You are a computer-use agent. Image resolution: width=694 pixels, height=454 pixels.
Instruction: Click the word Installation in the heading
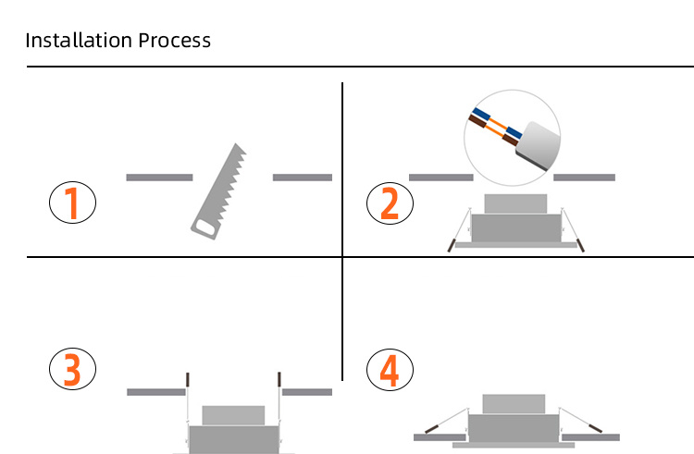(78, 41)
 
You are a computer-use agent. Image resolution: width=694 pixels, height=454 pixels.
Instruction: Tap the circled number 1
(71, 202)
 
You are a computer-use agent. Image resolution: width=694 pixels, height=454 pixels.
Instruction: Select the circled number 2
(390, 203)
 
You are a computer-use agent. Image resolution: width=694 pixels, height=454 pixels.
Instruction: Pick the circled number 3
(71, 369)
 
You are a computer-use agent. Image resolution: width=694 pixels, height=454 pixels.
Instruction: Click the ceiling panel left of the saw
(158, 177)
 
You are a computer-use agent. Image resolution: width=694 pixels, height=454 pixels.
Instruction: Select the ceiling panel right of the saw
(302, 177)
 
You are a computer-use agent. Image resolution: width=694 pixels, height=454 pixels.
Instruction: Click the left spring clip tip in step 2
(451, 246)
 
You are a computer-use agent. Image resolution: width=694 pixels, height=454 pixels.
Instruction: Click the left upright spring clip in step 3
(188, 380)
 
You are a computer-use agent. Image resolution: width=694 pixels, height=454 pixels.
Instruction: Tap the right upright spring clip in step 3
(278, 380)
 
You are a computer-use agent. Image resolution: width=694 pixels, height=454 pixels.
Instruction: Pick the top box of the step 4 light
(514, 404)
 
